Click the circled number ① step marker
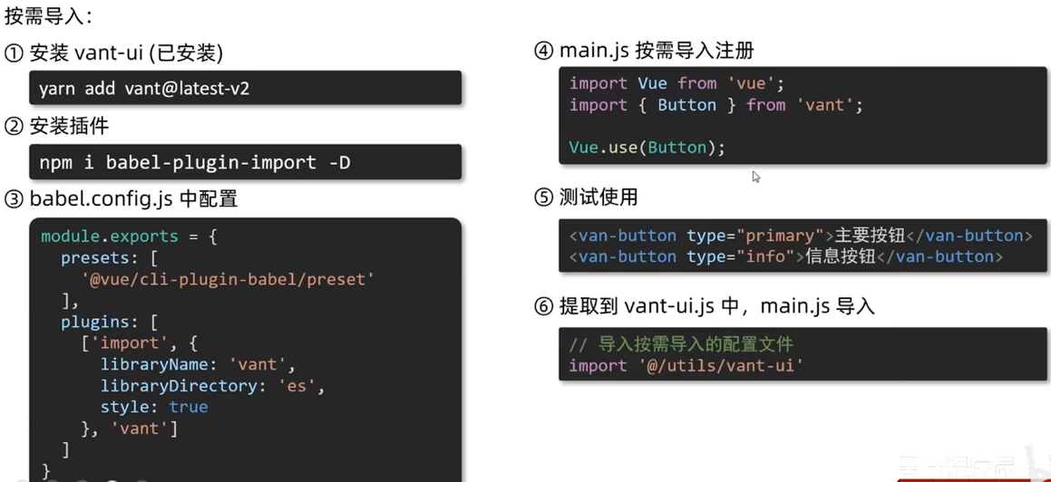coord(14,53)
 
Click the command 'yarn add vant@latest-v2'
coord(144,89)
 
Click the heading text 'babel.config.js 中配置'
coord(133,199)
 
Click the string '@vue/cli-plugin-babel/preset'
coord(228,279)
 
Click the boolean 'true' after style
coord(188,407)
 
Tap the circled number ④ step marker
coord(544,52)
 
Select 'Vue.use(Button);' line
coord(647,148)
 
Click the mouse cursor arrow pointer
coord(755,177)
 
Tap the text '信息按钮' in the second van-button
coord(840,256)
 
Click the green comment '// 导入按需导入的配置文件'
coord(681,344)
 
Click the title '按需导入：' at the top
coord(48,16)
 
